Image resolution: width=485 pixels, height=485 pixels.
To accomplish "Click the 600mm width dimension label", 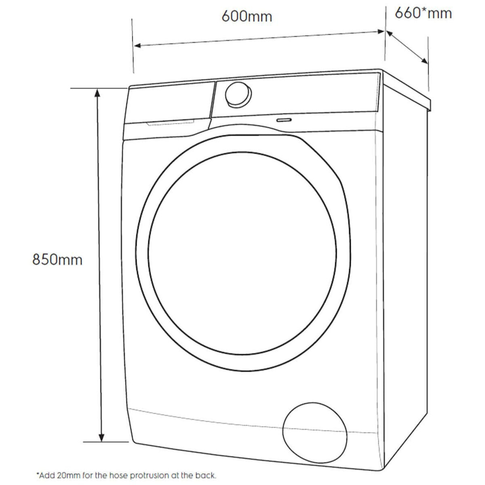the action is pyautogui.click(x=247, y=16).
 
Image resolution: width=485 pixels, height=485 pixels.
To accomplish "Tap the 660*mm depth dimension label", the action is pyautogui.click(x=423, y=13).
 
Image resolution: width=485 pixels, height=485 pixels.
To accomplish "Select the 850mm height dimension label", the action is pyautogui.click(x=57, y=259).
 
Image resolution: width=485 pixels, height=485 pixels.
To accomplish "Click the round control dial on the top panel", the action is pyautogui.click(x=238, y=95).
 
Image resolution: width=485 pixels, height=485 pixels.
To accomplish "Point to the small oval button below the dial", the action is pyautogui.click(x=284, y=120).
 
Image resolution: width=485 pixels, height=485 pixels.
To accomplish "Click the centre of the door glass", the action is pyautogui.click(x=242, y=254).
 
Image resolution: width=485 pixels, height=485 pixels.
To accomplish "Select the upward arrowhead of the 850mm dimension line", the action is pyautogui.click(x=97, y=93).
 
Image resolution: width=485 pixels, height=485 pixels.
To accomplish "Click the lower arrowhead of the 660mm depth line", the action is pyautogui.click(x=424, y=61).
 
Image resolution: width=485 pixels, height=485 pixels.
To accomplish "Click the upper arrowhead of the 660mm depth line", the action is pyautogui.click(x=390, y=34).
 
